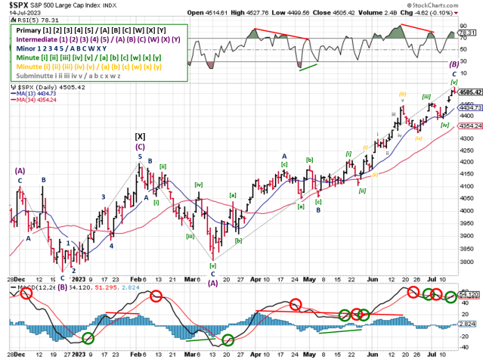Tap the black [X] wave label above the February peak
click(x=139, y=136)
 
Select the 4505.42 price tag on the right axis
click(x=469, y=92)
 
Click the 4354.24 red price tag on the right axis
click(x=469, y=126)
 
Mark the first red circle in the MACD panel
click(x=27, y=293)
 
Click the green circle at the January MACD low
click(x=88, y=338)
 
